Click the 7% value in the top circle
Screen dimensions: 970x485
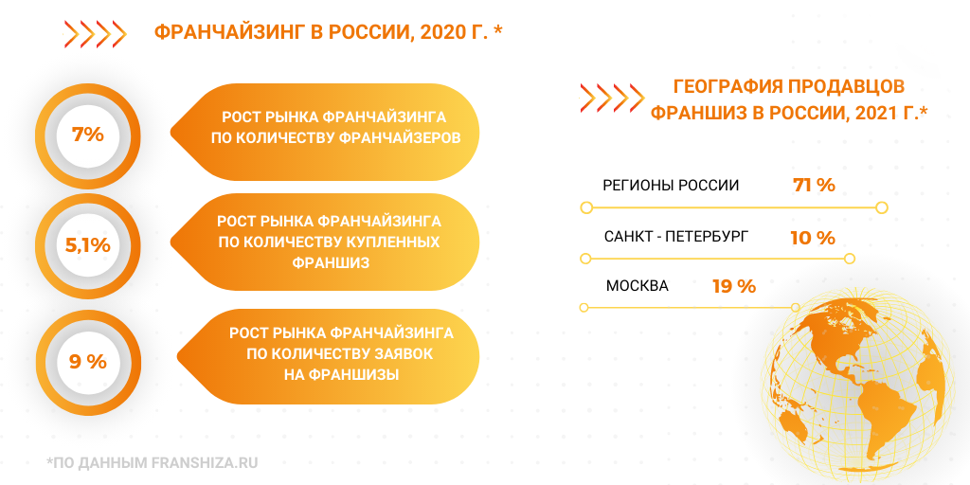point(88,134)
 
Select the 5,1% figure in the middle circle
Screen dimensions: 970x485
point(88,245)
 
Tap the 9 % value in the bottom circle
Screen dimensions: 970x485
point(88,362)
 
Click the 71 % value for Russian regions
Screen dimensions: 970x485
point(814,185)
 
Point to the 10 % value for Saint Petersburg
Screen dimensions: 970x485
point(813,238)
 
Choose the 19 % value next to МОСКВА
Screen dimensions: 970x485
point(734,286)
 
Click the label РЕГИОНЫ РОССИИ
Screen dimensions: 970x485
point(671,186)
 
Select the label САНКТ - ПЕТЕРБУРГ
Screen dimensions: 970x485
point(676,236)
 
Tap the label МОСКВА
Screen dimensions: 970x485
point(638,286)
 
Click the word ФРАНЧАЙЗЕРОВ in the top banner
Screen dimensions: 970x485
point(400,137)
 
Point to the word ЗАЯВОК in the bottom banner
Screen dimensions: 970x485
point(400,354)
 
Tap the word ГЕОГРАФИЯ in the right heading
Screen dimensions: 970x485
point(725,85)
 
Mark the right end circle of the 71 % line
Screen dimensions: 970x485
point(882,207)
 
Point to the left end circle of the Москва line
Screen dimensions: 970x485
point(584,307)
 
